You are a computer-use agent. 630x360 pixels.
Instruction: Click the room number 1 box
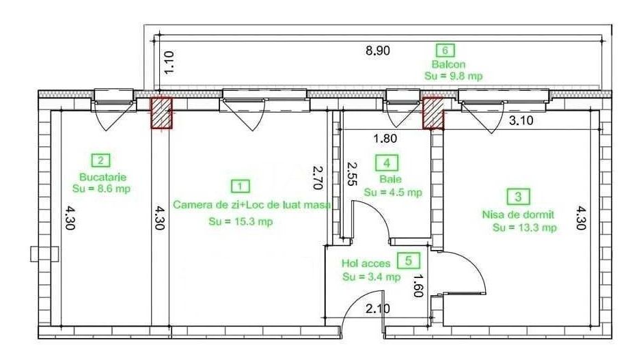240,186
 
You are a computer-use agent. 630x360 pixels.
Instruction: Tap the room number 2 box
100,161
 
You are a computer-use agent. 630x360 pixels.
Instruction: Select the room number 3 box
518,197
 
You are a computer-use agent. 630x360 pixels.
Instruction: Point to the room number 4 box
387,163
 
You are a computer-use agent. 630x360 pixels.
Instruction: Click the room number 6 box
446,50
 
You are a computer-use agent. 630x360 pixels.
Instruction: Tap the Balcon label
448,64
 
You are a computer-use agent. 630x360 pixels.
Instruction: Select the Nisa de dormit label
517,214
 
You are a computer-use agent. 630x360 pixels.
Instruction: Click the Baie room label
387,180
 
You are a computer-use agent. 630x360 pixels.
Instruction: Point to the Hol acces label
366,263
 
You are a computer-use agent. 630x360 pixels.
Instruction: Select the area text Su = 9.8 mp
453,76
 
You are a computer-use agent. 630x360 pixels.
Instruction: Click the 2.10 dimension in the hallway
377,309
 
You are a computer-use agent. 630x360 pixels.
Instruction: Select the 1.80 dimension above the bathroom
385,139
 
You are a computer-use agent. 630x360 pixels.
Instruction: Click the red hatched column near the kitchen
161,113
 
